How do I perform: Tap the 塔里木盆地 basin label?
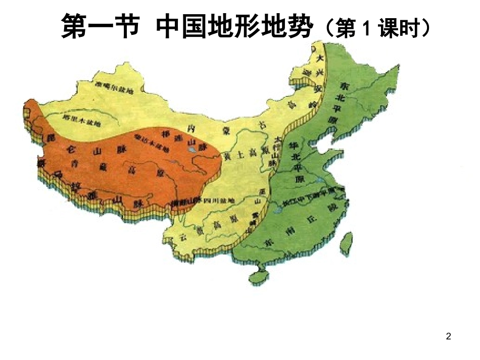point(81,121)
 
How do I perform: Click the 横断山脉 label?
point(186,201)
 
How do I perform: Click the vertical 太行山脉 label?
point(274,151)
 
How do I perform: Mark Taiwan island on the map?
point(346,245)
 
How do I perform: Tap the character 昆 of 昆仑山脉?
point(50,138)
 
